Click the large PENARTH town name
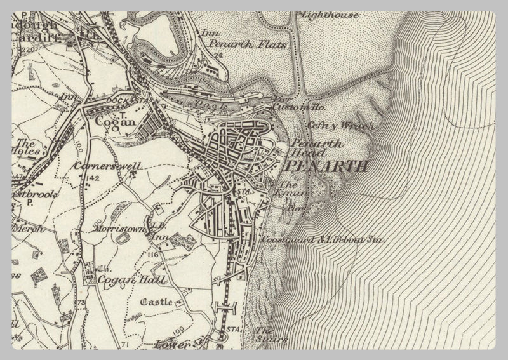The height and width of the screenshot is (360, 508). click(327, 167)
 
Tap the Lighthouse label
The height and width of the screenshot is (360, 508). click(330, 14)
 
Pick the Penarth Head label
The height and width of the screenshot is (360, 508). click(317, 148)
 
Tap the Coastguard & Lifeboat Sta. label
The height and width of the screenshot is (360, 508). click(324, 240)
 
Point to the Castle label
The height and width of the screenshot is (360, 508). click(156, 302)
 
